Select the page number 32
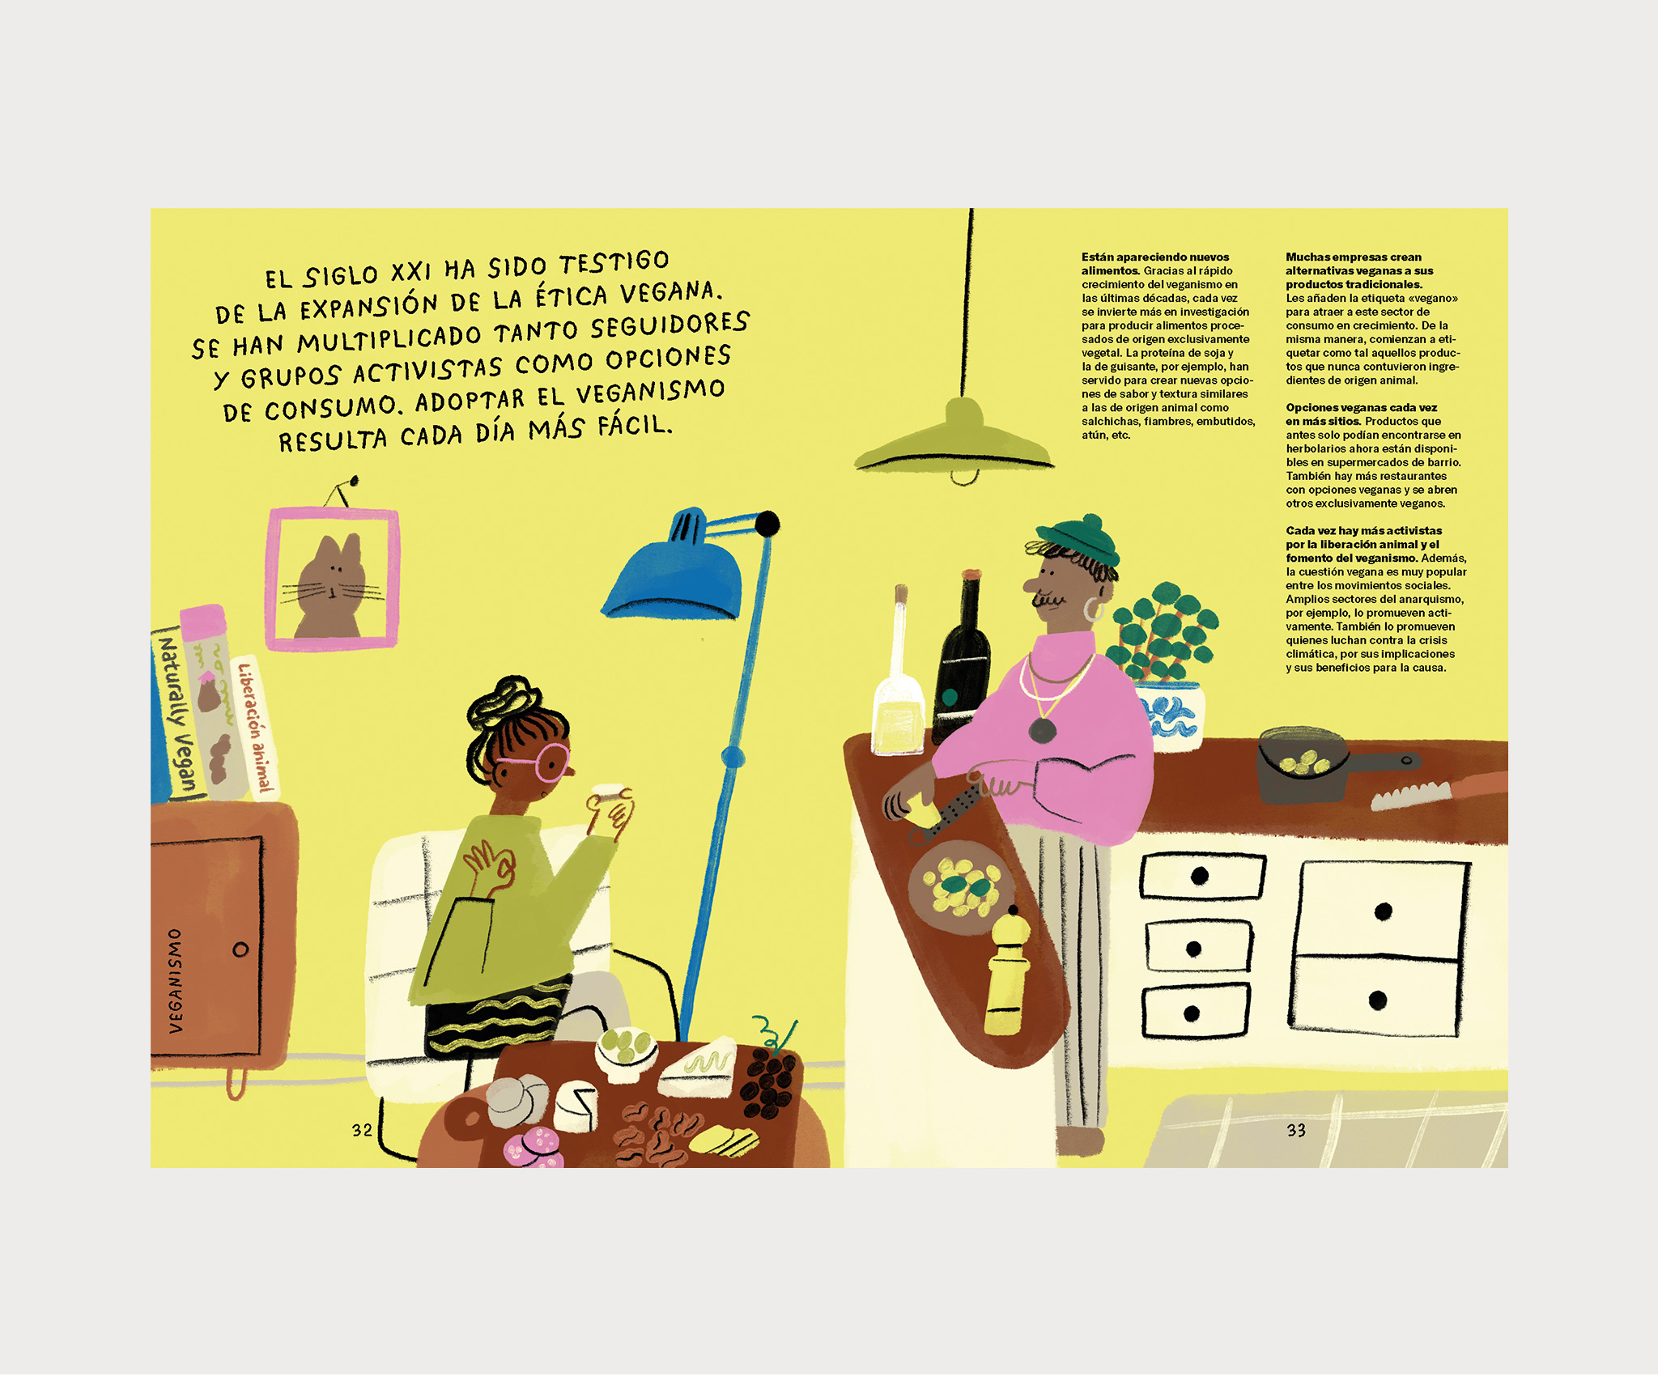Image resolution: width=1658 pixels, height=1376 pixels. click(362, 1130)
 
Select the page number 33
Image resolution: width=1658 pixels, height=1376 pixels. click(1296, 1130)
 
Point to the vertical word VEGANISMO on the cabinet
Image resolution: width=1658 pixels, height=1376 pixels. click(176, 980)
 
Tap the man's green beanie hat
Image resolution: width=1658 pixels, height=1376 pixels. click(1080, 539)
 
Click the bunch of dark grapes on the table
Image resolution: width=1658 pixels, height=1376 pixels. click(769, 1081)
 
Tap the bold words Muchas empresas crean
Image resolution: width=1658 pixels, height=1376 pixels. click(1354, 257)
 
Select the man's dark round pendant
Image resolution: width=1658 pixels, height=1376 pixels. click(1042, 731)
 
